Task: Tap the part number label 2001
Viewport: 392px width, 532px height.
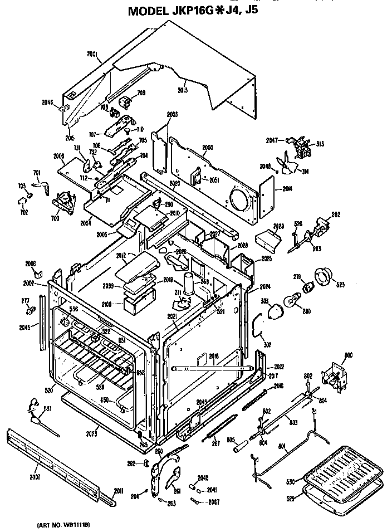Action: [92, 55]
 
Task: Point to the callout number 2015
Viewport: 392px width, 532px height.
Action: [182, 90]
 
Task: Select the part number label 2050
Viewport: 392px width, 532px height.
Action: [208, 147]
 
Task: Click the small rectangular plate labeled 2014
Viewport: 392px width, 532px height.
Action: [268, 193]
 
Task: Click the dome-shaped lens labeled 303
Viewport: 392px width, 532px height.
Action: [273, 309]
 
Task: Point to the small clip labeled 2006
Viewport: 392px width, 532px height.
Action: [37, 274]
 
